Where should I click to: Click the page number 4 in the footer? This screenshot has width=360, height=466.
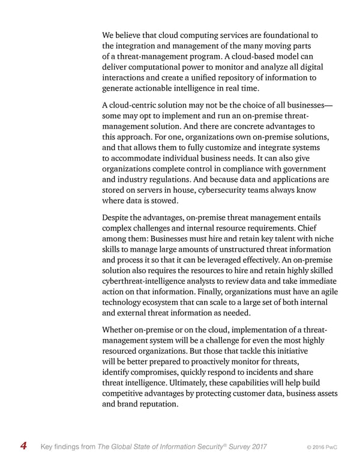click(23, 446)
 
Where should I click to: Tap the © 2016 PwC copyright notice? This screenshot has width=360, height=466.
click(321, 446)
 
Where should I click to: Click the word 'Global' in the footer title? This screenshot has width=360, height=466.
click(124, 446)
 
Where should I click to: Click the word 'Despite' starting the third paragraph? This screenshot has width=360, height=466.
click(118, 218)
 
